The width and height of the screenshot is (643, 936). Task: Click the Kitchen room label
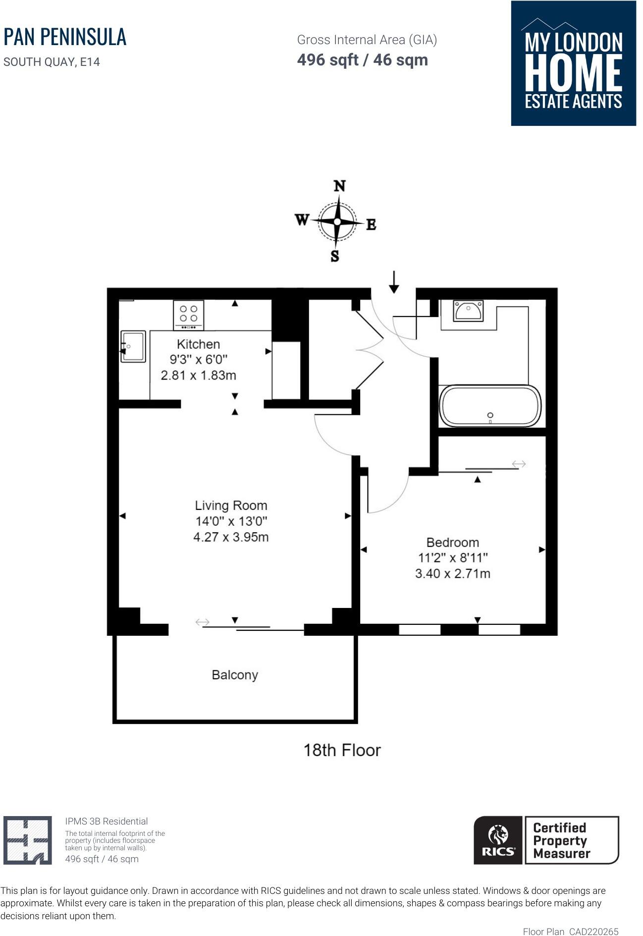pyautogui.click(x=198, y=344)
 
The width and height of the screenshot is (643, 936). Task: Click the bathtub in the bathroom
pyautogui.click(x=490, y=406)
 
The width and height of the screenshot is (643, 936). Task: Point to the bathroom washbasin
pyautogui.click(x=468, y=311)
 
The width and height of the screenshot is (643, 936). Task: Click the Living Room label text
pyautogui.click(x=231, y=505)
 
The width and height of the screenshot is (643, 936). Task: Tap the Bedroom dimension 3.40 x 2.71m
pyautogui.click(x=452, y=574)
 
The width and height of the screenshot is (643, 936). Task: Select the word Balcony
pyautogui.click(x=234, y=675)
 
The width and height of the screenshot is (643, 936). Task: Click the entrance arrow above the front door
pyautogui.click(x=394, y=282)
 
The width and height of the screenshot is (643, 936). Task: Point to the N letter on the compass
pyautogui.click(x=339, y=186)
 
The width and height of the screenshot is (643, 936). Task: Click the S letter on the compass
pyautogui.click(x=335, y=256)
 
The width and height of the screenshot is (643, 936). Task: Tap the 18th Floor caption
pyautogui.click(x=342, y=750)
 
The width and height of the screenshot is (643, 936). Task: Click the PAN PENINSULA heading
pyautogui.click(x=65, y=37)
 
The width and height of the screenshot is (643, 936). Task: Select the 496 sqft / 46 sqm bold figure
pyautogui.click(x=362, y=60)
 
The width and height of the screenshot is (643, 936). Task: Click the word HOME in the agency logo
pyautogui.click(x=573, y=72)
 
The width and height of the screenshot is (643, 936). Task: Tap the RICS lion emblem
pyautogui.click(x=498, y=835)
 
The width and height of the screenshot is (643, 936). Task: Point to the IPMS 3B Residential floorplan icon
pyautogui.click(x=28, y=840)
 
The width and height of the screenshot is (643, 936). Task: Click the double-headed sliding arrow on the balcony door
pyautogui.click(x=202, y=622)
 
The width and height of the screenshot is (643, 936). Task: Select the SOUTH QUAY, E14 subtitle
pyautogui.click(x=52, y=62)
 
